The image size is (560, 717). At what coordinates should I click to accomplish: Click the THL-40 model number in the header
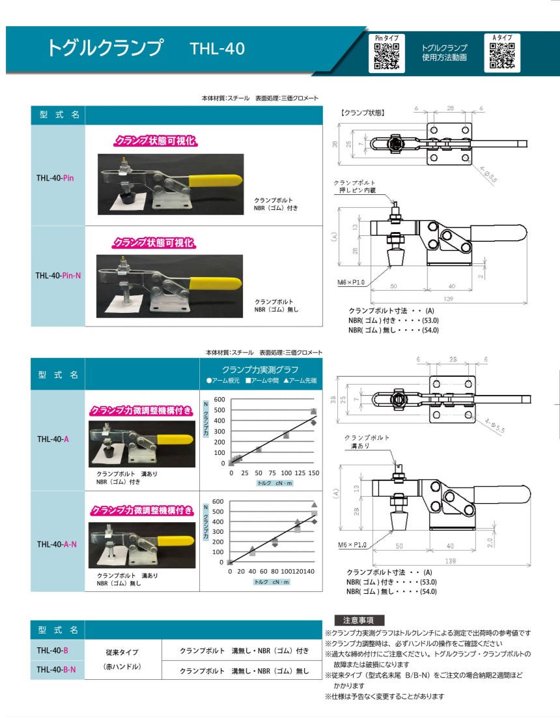click(217, 49)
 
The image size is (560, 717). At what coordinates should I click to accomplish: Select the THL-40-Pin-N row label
click(58, 275)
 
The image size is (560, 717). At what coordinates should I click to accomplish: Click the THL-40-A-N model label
click(57, 544)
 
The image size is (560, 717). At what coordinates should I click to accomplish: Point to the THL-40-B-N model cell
click(56, 669)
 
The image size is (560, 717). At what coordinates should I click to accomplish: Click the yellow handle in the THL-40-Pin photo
click(215, 180)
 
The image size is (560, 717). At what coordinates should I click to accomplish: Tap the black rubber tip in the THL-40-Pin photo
click(125, 198)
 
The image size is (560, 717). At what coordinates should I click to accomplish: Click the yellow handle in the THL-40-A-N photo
click(175, 541)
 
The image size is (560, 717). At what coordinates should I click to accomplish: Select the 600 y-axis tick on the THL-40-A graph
click(219, 399)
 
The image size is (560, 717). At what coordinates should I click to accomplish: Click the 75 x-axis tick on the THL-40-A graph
click(272, 473)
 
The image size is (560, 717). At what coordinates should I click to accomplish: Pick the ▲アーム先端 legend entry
click(300, 381)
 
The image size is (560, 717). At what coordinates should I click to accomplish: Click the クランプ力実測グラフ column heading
click(260, 370)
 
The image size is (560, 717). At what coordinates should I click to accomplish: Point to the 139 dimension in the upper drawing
click(448, 299)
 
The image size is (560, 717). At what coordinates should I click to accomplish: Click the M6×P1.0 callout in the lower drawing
click(352, 545)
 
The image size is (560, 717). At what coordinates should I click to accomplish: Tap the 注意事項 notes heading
click(359, 620)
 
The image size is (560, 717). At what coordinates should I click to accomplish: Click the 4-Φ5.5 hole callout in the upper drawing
click(488, 174)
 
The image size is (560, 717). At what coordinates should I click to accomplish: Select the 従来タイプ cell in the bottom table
click(122, 652)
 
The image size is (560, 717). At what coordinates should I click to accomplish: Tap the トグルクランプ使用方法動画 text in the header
click(445, 53)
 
